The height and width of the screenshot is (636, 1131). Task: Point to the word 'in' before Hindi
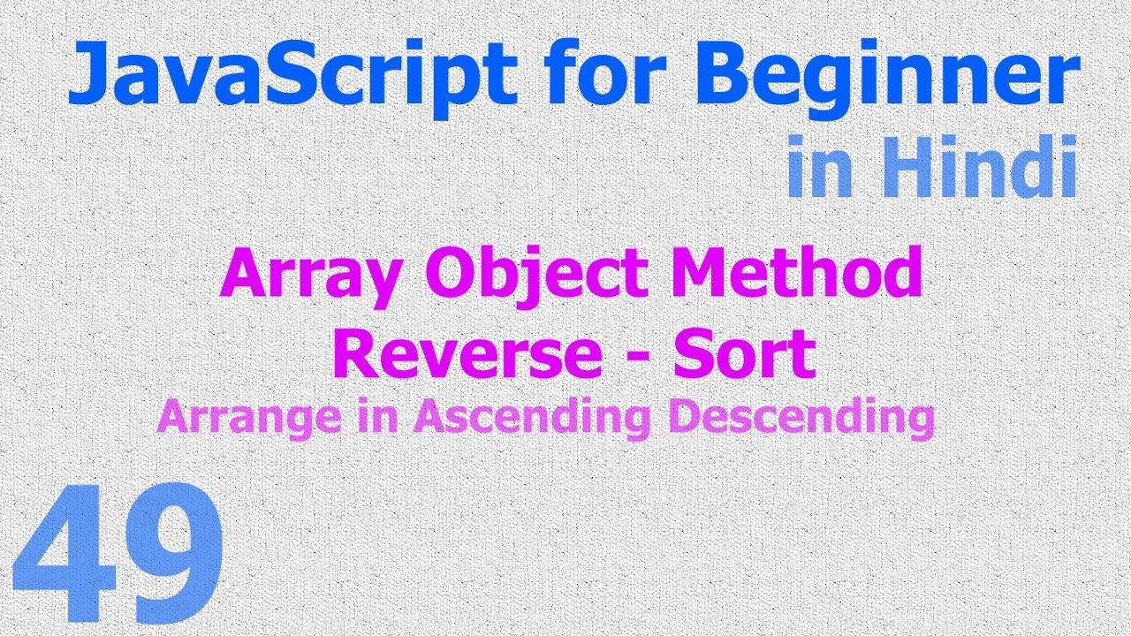[x=818, y=168]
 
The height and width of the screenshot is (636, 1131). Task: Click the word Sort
[x=743, y=353]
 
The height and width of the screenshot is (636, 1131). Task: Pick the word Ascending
[x=531, y=417]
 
